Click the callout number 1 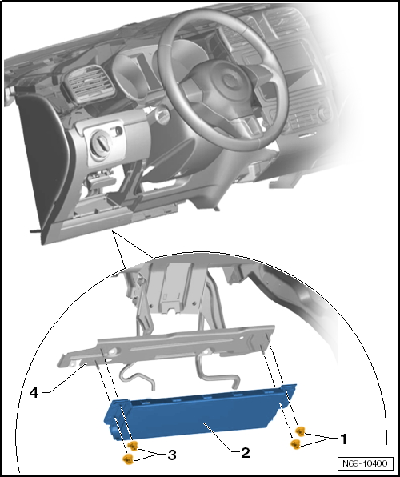coord(343,439)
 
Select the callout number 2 coord(245,453)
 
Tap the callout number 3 coord(172,455)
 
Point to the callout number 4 coord(34,393)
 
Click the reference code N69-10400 coord(365,463)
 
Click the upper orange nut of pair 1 coord(300,431)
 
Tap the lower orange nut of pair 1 coord(295,444)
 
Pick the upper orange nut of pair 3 coord(133,446)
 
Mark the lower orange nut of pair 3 coord(128,459)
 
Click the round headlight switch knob coord(102,142)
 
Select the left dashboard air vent coord(87,84)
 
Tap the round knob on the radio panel coord(325,113)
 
